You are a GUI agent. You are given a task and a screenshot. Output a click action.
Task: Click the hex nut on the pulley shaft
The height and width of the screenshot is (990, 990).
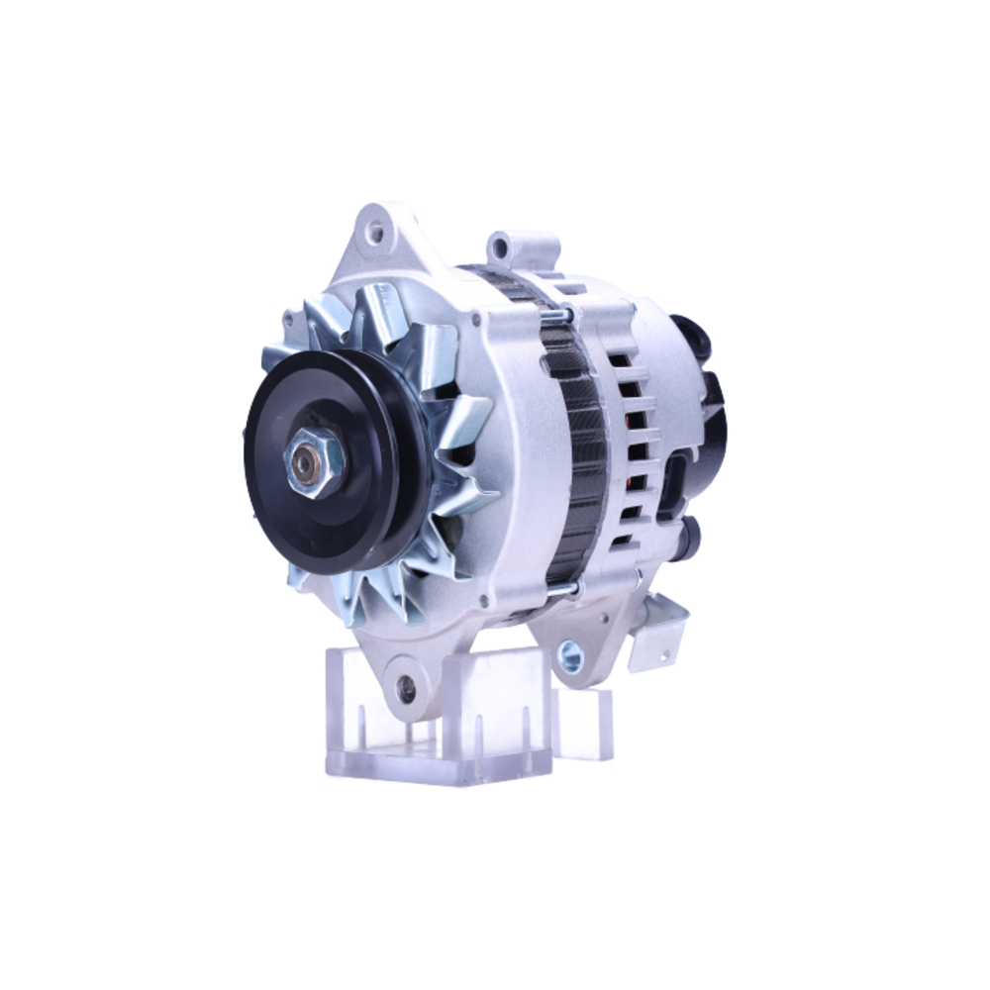(314, 463)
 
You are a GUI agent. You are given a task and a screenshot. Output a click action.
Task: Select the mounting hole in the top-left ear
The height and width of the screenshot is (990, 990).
(375, 234)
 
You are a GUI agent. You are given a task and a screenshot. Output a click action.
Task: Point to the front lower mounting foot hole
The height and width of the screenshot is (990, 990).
(406, 690)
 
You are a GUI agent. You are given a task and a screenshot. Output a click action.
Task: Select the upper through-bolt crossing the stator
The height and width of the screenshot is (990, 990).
(557, 315)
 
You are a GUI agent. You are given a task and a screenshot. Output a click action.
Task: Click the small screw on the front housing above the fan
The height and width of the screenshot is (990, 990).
(477, 319)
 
